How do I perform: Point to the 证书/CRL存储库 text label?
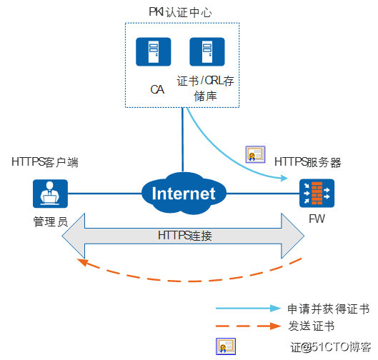(x=205, y=89)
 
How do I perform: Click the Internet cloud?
(x=184, y=193)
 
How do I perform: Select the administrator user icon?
(x=50, y=193)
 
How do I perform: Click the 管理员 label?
(x=50, y=221)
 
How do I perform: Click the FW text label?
(x=316, y=219)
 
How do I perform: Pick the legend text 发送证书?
(x=310, y=326)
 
